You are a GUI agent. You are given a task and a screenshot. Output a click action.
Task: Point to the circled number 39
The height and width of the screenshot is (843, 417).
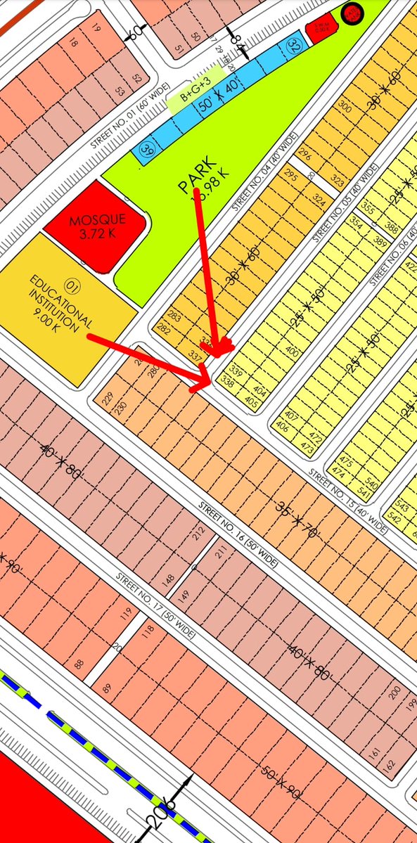[x=147, y=149]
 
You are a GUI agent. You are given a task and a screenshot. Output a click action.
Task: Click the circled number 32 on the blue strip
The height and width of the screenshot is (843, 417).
[x=293, y=47]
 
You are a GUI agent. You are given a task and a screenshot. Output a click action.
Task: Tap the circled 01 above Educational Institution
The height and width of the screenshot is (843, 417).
[x=71, y=285]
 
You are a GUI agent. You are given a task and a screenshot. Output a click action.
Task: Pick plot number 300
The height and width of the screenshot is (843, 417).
[x=345, y=107]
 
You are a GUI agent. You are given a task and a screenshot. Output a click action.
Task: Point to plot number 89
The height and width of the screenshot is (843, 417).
[x=106, y=688]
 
